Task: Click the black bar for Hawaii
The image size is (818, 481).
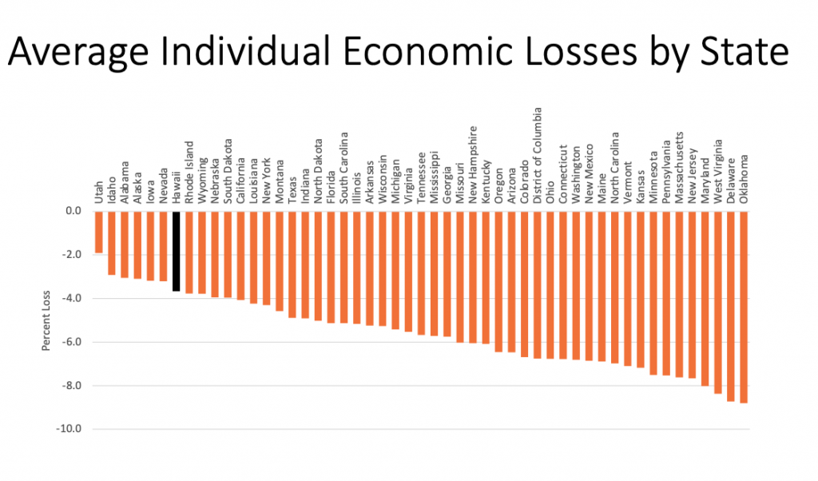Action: (176, 251)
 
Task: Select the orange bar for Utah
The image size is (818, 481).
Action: (98, 232)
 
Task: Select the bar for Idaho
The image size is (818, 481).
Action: (112, 243)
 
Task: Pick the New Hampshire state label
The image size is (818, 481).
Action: (473, 166)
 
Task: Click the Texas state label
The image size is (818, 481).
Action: (292, 192)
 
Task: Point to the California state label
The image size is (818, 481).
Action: (240, 181)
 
